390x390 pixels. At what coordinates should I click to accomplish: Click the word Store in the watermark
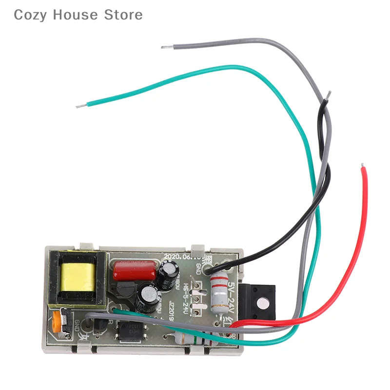[123, 15]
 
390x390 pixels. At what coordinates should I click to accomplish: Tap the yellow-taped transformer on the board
[76, 278]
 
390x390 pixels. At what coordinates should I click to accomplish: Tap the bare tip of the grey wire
[166, 47]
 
